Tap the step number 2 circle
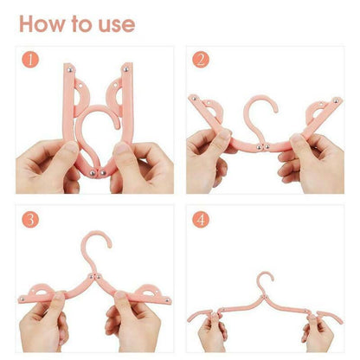201,61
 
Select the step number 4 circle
201,219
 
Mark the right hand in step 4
319,333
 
